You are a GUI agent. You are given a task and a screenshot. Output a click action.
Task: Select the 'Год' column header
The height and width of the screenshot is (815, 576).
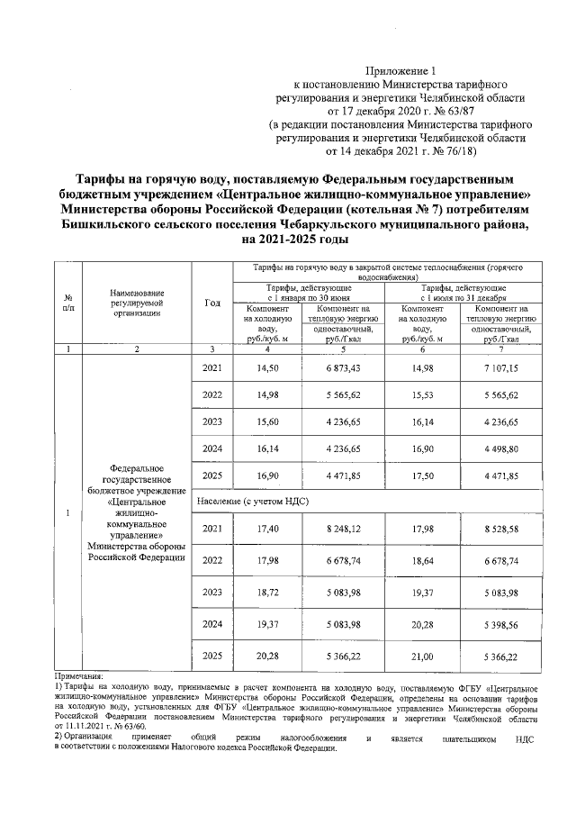click(x=212, y=303)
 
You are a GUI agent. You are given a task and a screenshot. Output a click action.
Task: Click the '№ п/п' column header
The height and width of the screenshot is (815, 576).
click(x=68, y=303)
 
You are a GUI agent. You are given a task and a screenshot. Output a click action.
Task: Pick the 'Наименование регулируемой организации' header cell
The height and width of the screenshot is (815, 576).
click(x=137, y=303)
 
